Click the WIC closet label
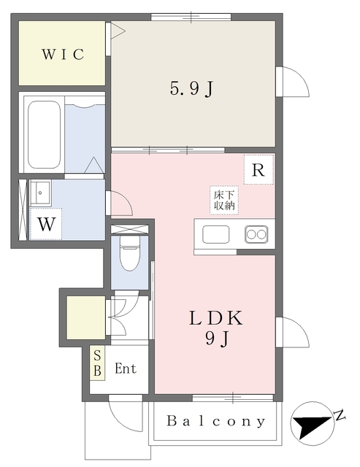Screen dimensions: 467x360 (x=63, y=54)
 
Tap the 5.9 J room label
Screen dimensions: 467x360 (x=191, y=89)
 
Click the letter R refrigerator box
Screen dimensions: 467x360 (x=258, y=170)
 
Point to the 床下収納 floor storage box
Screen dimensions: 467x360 (x=223, y=200)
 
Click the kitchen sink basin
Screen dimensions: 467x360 (x=216, y=234)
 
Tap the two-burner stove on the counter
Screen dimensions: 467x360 (x=256, y=234)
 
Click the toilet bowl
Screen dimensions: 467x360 (x=129, y=255)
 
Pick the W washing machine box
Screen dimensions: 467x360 (x=46, y=224)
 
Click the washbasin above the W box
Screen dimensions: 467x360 (x=41, y=193)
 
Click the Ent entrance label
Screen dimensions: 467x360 (x=126, y=368)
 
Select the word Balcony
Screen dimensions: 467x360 (x=215, y=421)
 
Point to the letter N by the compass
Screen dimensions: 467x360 (x=340, y=416)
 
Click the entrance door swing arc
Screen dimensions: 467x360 (x=122, y=414)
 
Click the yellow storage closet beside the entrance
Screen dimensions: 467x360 (x=85, y=315)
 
